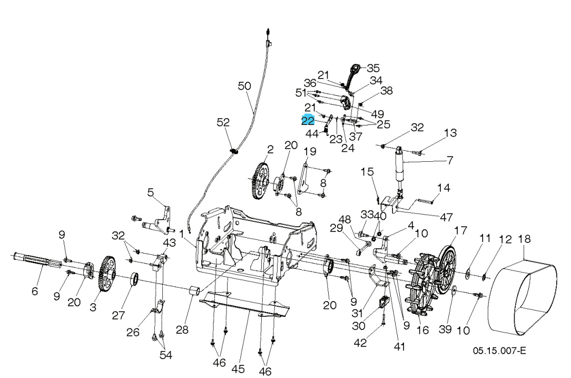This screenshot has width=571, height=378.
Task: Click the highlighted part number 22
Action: pos(308,121)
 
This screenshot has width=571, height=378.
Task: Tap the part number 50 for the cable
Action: pos(245,86)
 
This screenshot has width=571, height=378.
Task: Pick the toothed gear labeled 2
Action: pos(261,181)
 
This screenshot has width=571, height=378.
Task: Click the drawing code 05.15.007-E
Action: pos(499,351)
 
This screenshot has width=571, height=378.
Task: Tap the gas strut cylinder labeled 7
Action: pos(401,166)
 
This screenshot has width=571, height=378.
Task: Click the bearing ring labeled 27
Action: pos(134,279)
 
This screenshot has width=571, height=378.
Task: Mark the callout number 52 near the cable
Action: pos(223,122)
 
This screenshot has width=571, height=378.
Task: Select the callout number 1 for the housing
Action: pos(182,232)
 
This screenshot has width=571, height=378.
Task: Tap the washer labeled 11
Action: pos(467,273)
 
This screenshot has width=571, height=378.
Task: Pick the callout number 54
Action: pos(166,354)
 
